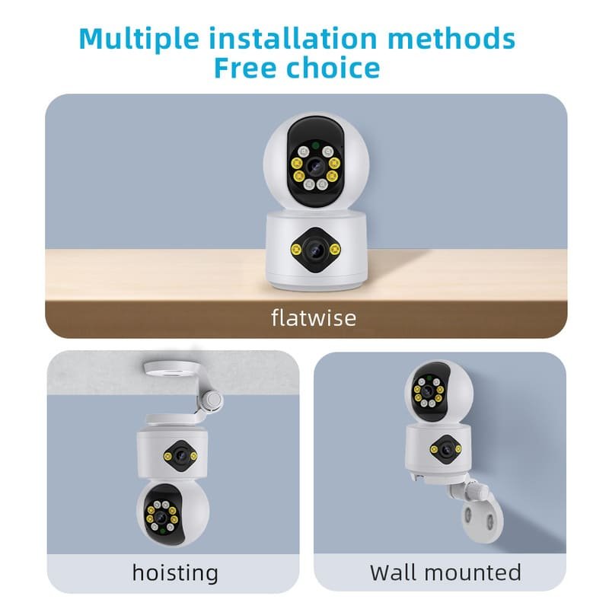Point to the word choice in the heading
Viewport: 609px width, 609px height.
coord(336,68)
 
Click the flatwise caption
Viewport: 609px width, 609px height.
coord(313,317)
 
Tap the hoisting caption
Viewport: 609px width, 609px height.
coord(174,572)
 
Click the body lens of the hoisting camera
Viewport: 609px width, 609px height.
coord(179,456)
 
